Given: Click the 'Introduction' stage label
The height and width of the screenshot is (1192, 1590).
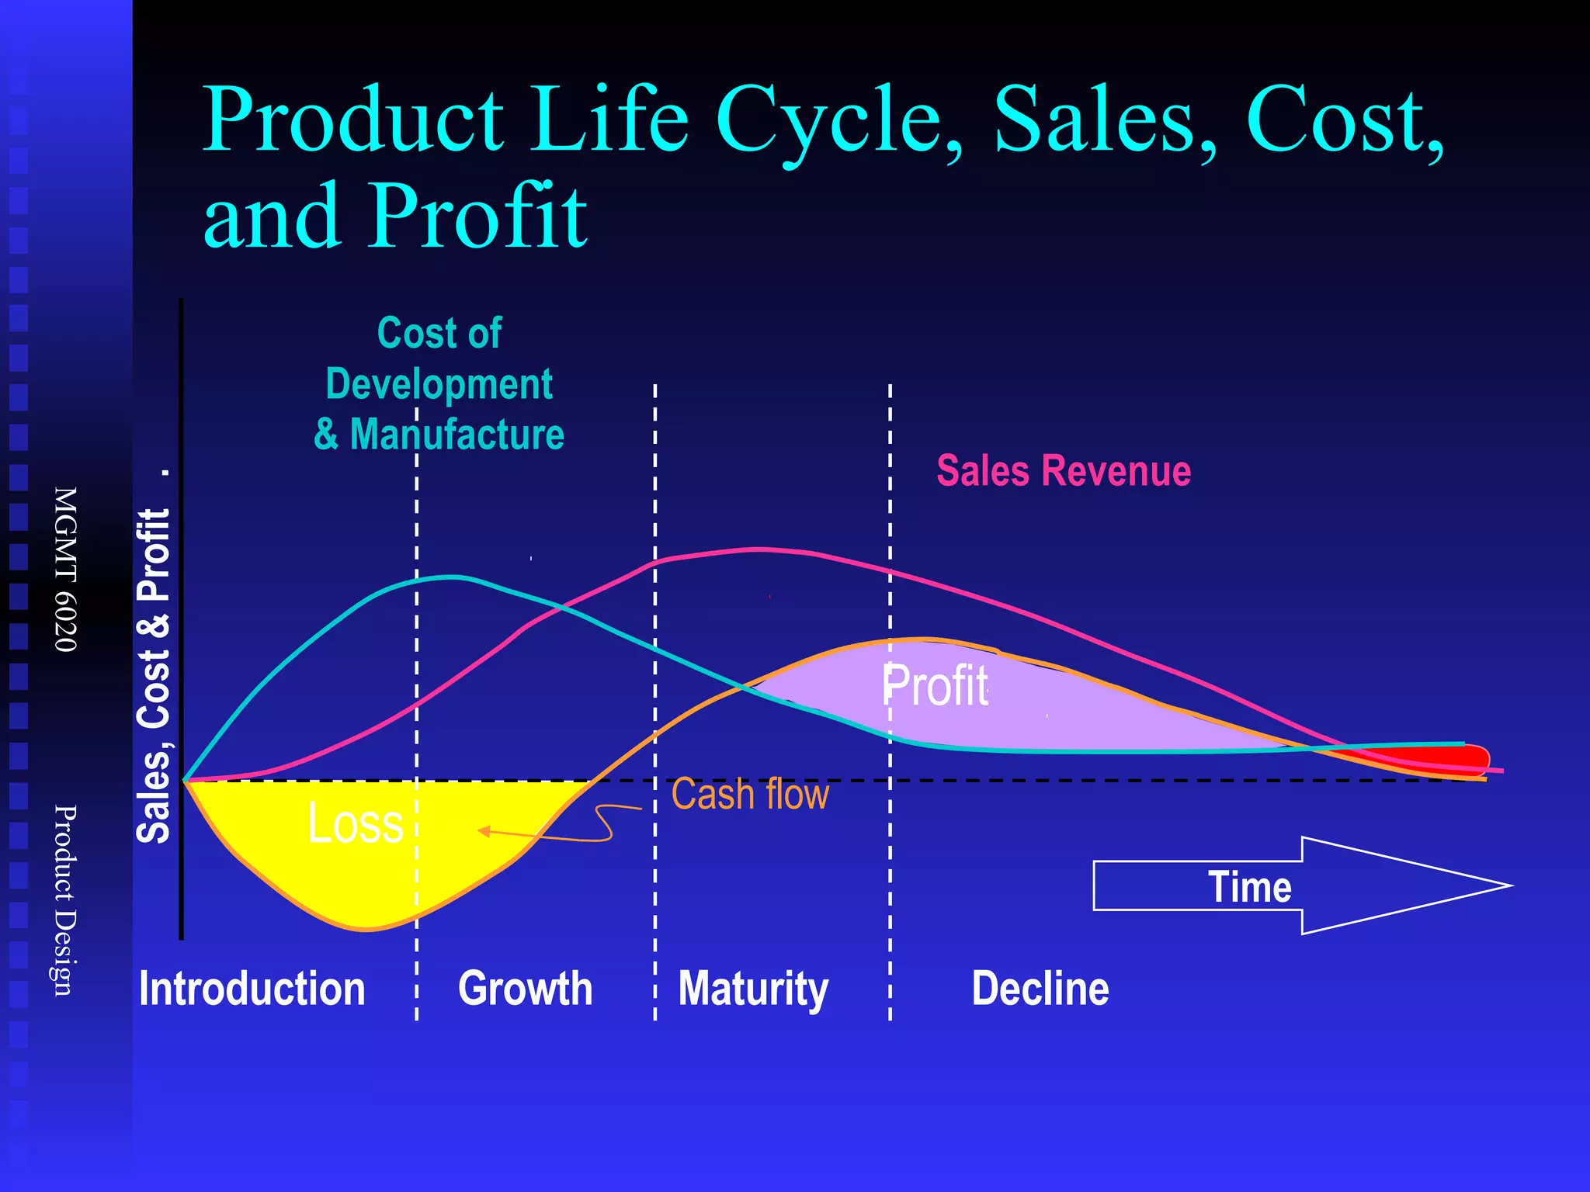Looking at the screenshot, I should tap(252, 989).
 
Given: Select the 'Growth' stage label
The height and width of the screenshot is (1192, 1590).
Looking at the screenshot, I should tap(525, 989).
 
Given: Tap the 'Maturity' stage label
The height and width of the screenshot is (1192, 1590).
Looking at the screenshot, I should tap(753, 989).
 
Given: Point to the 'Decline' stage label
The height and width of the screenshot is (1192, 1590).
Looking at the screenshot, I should tap(1040, 989).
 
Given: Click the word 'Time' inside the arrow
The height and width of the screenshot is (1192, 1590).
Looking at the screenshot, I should tap(1249, 886).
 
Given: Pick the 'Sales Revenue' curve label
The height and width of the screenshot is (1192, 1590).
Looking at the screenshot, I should tap(1064, 471).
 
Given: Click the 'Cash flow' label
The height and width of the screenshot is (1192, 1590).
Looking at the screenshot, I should tap(750, 794).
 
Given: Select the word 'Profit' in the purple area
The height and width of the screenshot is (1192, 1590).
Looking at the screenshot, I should tap(936, 686).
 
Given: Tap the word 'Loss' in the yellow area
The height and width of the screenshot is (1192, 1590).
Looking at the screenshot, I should tap(356, 823).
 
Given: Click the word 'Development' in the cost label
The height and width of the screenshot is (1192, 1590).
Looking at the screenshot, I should tap(439, 384).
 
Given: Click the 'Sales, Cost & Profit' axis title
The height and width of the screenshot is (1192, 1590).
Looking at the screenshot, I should tap(154, 675).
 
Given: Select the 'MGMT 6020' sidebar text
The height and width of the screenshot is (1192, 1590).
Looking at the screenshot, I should tap(65, 569).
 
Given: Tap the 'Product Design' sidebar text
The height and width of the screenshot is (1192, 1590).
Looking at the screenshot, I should tap(65, 900).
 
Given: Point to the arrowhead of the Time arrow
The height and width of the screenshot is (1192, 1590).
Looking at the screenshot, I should tap(1475, 885).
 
